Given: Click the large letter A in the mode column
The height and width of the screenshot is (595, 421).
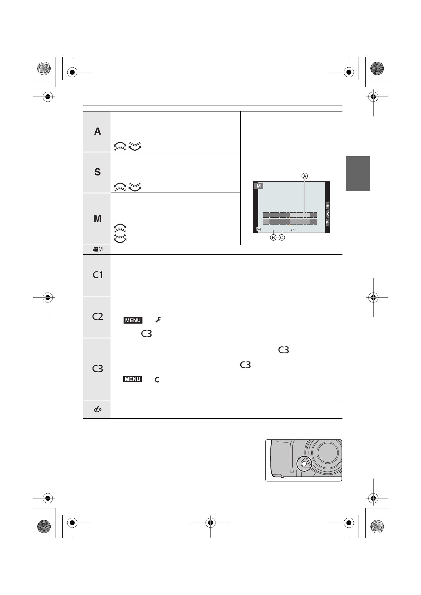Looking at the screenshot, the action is (x=97, y=131).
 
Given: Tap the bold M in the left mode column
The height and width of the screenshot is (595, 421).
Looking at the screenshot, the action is (x=97, y=218).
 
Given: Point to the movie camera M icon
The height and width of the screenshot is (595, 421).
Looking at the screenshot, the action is (x=97, y=249).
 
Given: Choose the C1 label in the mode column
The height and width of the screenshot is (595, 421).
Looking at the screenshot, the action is (x=98, y=275).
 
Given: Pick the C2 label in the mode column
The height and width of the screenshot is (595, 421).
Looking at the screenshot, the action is (x=98, y=316).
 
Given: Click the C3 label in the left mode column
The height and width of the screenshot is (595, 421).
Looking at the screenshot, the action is (x=98, y=369).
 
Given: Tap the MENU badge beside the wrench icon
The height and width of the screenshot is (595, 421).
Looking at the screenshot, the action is (x=133, y=320).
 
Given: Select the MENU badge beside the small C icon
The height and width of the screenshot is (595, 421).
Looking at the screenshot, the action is (x=133, y=379).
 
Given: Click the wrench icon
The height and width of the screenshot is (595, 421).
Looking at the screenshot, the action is (x=158, y=320).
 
